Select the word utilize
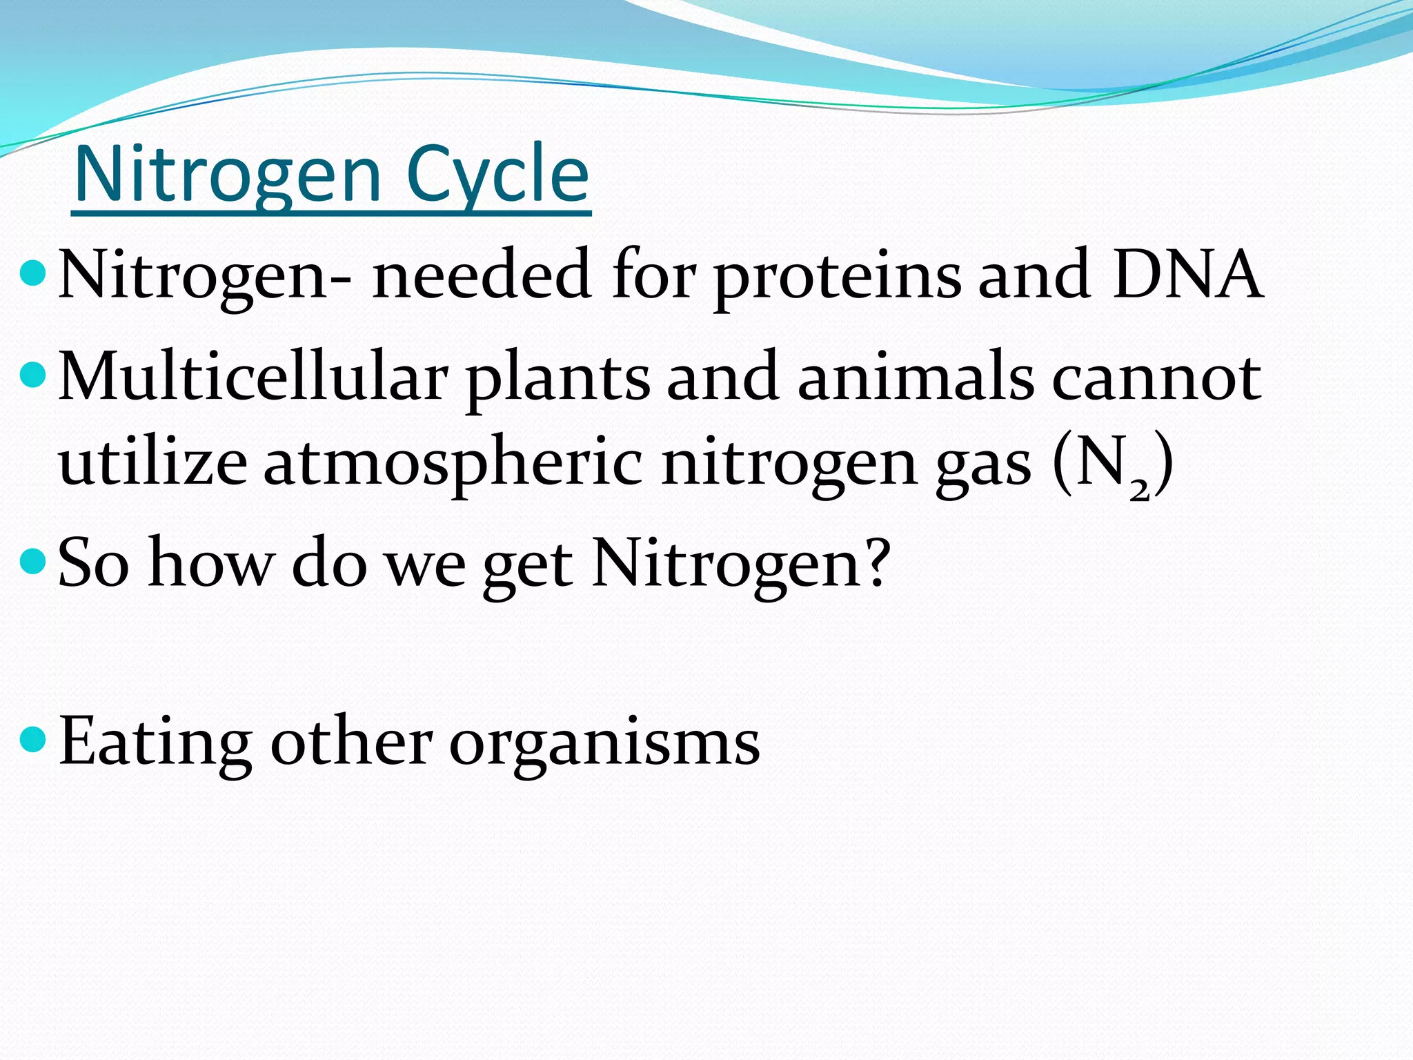(x=152, y=462)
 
